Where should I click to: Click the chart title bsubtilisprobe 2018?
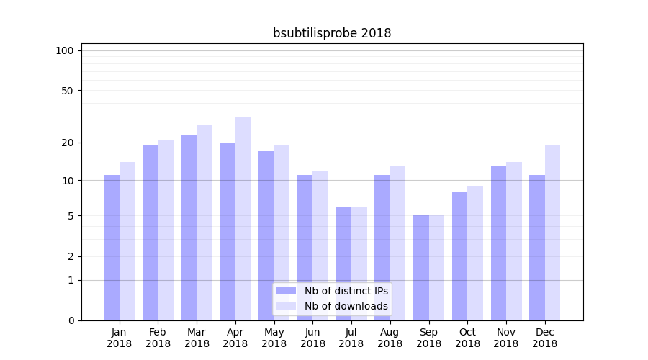332,33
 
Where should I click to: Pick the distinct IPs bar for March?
189,227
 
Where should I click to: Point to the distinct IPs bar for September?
420,267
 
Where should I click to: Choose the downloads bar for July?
359,263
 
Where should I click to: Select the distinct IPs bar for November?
498,243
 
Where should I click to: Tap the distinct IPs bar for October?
459,256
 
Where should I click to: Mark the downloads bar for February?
166,230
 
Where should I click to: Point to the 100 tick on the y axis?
65,50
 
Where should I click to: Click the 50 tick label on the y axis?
68,91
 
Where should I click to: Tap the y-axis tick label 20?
68,143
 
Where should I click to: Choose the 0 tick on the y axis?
71,320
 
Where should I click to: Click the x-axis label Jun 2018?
312,338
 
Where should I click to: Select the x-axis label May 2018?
274,338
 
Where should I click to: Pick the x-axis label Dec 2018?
544,338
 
